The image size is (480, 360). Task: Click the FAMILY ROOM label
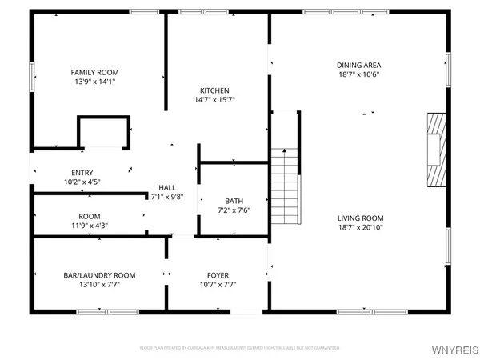pyautogui.click(x=89, y=72)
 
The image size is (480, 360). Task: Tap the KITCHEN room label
pyautogui.click(x=215, y=90)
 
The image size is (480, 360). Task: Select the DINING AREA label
pyautogui.click(x=358, y=65)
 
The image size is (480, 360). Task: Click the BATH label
pyautogui.click(x=234, y=202)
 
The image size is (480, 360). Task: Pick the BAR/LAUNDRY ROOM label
pyautogui.click(x=100, y=274)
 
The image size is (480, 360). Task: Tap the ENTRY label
pyautogui.click(x=82, y=172)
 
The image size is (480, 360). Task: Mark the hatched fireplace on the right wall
pyautogui.click(x=435, y=149)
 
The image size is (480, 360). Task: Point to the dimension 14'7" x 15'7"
pyautogui.click(x=215, y=100)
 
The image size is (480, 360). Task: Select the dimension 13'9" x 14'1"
pyautogui.click(x=89, y=82)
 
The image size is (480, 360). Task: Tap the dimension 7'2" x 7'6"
pyautogui.click(x=234, y=211)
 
